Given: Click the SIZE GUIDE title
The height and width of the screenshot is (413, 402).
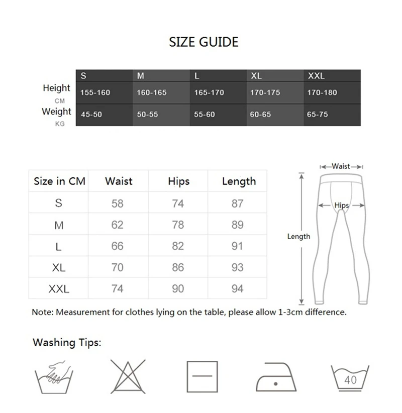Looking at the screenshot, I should point(204,42).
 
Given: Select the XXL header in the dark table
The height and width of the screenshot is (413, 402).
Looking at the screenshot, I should point(316,76).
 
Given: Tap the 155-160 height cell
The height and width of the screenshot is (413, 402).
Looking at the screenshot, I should point(95,93).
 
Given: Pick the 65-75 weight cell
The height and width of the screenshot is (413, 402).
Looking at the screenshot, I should point(317,115).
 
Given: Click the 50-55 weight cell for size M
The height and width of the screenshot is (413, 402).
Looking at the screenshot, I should point(147,115).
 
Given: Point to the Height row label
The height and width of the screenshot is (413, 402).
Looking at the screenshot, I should point(56,88).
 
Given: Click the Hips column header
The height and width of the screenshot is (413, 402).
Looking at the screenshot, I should point(178,181).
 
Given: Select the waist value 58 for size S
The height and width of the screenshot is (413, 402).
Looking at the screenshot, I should point(117,203).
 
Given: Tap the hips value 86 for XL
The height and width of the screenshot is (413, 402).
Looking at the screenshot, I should point(178,267).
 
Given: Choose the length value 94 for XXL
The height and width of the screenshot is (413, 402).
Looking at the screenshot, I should point(237,288).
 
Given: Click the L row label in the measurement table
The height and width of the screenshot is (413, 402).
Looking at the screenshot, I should point(59,246).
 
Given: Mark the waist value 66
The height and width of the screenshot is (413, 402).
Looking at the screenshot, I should point(117,246).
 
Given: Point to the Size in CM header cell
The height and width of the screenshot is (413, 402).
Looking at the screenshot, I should point(59,181).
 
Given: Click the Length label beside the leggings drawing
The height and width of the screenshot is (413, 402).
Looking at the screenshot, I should point(298,237).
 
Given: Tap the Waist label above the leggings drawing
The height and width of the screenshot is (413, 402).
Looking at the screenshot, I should point(341,166).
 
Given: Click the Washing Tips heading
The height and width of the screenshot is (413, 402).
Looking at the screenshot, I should point(67,343).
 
